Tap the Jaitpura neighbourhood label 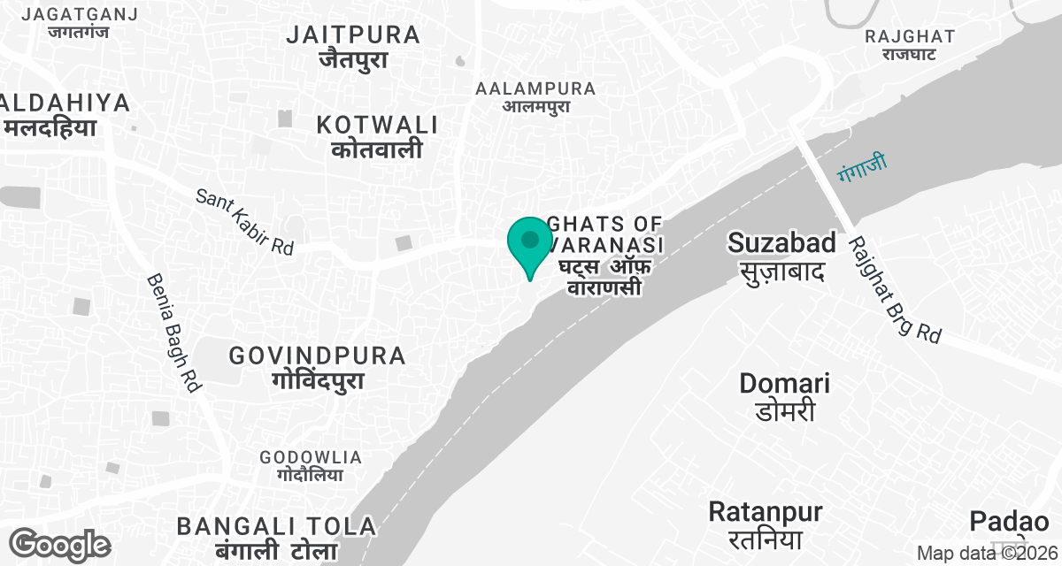pos(354,48)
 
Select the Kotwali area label pos(378,136)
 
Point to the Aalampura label pos(535,97)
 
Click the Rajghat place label pos(910,45)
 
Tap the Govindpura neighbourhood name pos(318,368)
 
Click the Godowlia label pos(311,465)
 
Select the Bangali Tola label pos(277,536)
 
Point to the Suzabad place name pos(781,255)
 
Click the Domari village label pos(785,396)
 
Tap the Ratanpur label pos(766,524)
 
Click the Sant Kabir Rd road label pos(244,221)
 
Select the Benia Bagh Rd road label pos(174,333)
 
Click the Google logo pos(60,545)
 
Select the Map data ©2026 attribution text pos(988,554)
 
